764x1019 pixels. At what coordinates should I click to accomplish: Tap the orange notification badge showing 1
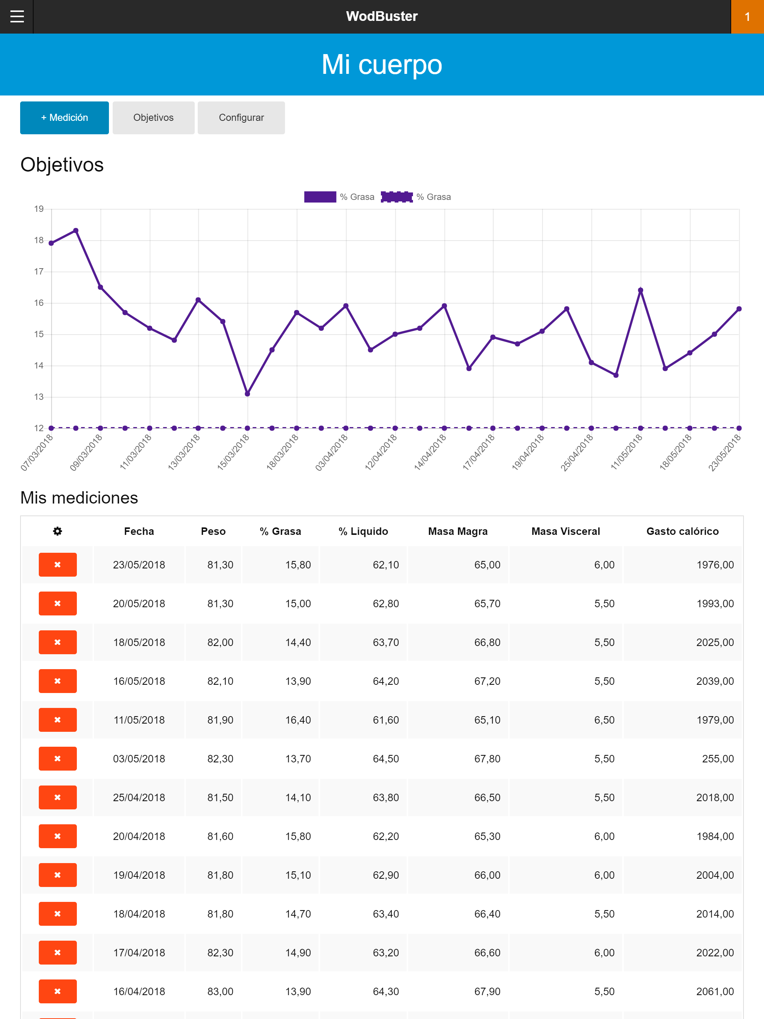747,16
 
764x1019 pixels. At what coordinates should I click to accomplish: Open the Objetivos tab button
153,117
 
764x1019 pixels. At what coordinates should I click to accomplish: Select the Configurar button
241,117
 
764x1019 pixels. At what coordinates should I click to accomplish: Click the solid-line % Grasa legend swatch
320,197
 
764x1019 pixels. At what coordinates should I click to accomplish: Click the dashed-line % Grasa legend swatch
396,197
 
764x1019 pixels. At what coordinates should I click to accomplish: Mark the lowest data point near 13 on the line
247,394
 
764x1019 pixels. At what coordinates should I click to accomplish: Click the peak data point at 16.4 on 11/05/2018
641,290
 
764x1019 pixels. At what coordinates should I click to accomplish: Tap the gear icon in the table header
57,531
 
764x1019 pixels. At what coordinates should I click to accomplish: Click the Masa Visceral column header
566,531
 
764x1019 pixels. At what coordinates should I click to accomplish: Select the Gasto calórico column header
682,531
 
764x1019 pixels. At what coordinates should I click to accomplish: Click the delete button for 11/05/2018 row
57,719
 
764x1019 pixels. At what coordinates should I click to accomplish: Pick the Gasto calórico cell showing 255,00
717,759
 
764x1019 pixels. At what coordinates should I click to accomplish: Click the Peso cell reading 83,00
220,991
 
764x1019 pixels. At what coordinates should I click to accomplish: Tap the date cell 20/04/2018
139,836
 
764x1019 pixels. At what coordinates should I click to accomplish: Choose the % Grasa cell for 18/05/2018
298,642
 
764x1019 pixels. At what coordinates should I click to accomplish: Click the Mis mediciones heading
79,498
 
